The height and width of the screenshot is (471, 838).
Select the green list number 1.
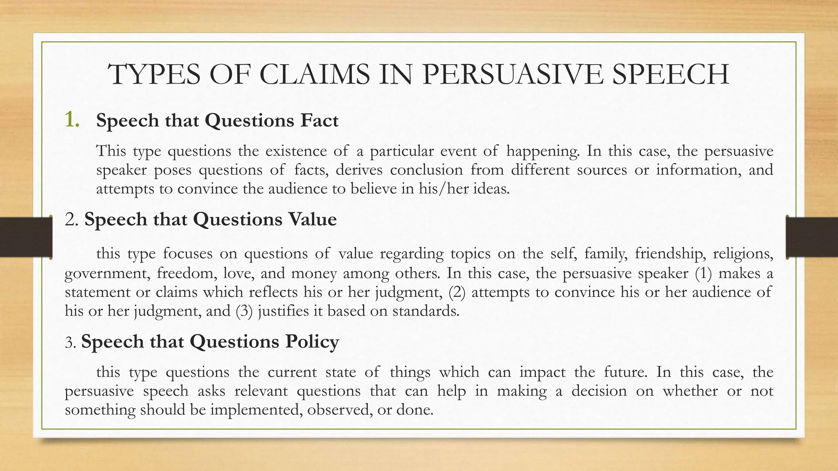(72, 120)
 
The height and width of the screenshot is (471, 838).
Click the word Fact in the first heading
(319, 121)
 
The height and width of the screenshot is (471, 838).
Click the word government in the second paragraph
(107, 273)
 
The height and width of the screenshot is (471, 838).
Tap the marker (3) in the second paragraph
(244, 311)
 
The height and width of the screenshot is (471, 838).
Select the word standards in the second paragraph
(426, 311)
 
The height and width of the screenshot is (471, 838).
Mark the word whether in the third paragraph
(690, 391)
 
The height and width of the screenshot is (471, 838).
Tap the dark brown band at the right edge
(813, 238)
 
